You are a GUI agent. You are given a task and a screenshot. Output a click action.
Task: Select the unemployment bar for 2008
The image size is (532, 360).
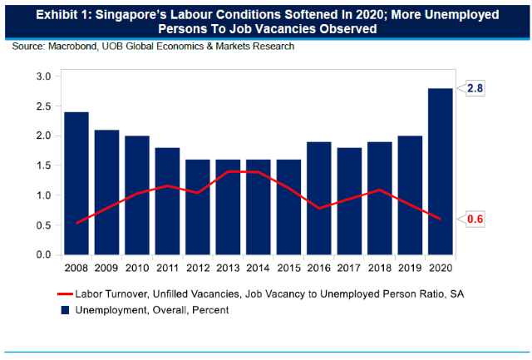point(76,183)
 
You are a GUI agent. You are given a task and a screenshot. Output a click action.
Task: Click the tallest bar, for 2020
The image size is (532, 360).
point(441,171)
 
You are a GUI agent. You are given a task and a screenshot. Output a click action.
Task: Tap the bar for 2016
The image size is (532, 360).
point(319,198)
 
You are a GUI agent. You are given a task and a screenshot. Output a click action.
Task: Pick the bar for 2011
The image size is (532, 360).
point(167,201)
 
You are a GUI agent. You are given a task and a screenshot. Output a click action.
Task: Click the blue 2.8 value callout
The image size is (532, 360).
point(475,88)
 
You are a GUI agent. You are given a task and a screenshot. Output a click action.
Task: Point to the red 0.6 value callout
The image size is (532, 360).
point(475,219)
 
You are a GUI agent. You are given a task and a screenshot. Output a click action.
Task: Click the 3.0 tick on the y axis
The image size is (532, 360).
point(43,76)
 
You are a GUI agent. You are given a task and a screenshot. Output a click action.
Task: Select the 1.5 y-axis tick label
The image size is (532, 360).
point(43,165)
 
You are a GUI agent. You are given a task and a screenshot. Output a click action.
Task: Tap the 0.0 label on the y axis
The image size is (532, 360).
point(43,254)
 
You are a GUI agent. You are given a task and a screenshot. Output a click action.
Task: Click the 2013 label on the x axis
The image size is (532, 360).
point(228,268)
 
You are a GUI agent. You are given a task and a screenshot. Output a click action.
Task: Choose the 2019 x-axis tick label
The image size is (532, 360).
point(410,268)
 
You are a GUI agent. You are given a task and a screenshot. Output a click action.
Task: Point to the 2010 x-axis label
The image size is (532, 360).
point(137,268)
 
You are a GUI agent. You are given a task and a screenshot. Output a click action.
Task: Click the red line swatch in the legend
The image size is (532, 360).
point(65,293)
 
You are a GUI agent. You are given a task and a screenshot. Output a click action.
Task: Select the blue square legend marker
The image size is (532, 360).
point(65,310)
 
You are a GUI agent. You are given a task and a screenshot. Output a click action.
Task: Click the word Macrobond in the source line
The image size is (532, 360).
point(72,47)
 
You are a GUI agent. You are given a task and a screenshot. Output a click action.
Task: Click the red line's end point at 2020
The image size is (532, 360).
point(441,219)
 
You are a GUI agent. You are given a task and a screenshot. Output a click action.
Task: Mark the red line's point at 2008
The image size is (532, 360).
point(76,224)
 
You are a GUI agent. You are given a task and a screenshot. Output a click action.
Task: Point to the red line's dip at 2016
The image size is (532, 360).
point(319,209)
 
